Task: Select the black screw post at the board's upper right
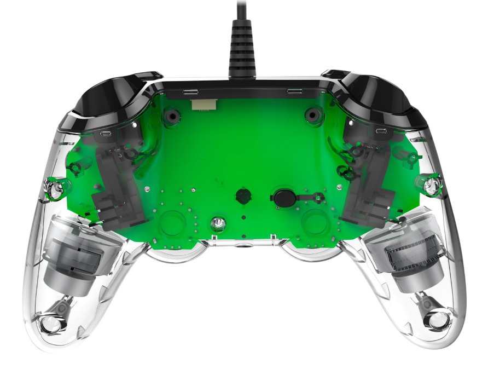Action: click(313, 116)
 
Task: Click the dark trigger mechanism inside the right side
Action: click(366, 186)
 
